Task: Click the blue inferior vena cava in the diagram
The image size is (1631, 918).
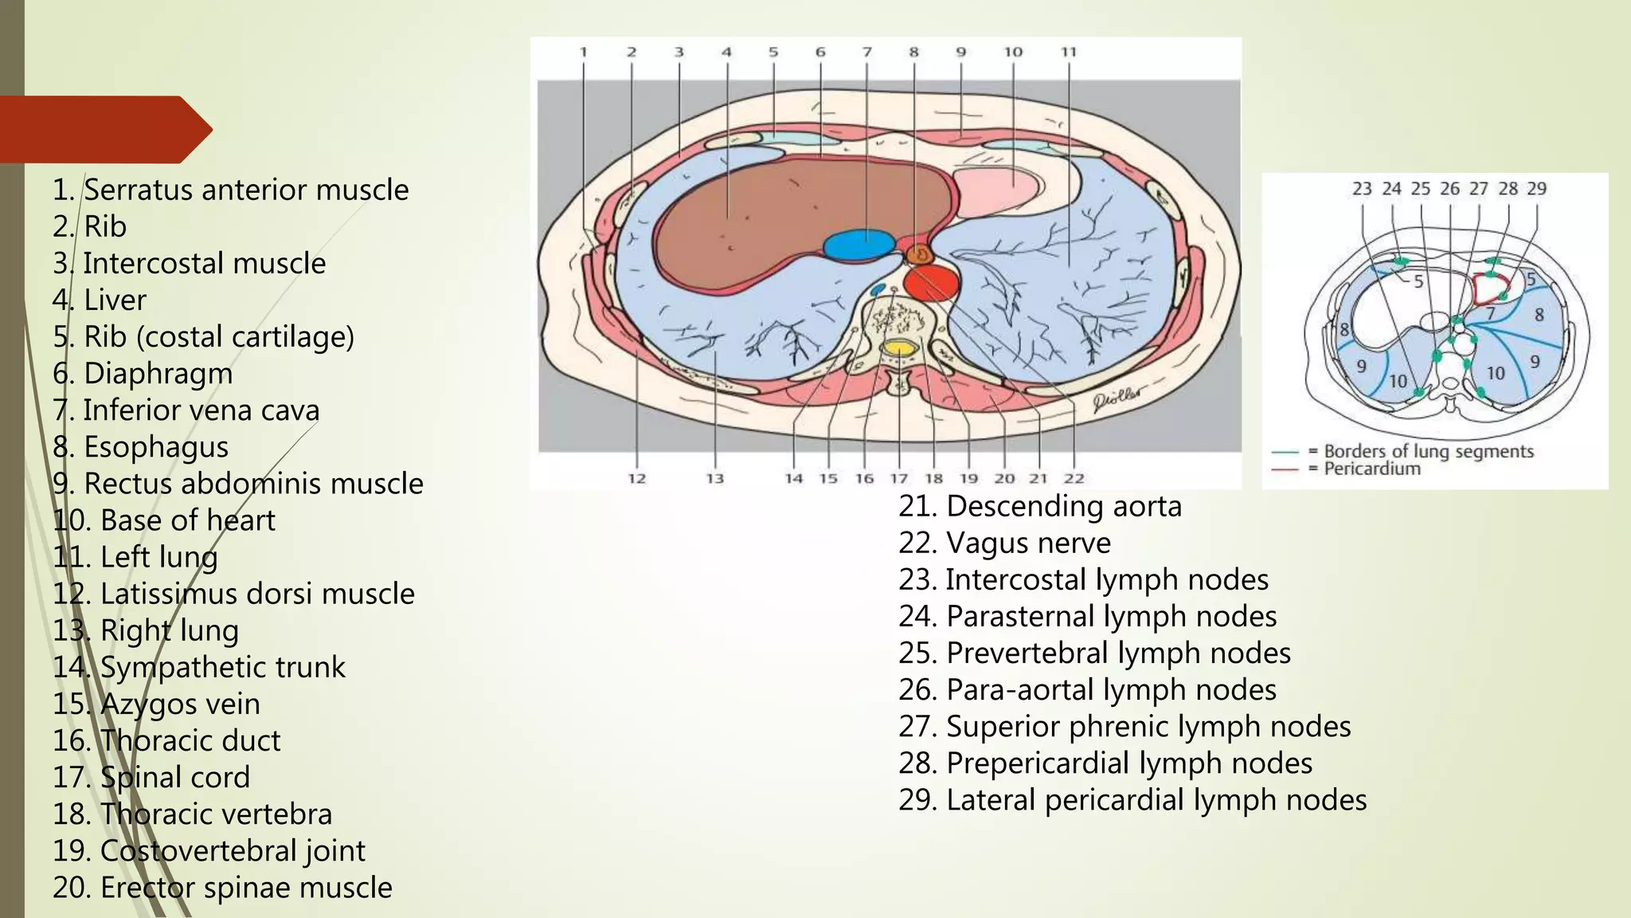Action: click(859, 245)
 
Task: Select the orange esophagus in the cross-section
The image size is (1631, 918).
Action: click(920, 254)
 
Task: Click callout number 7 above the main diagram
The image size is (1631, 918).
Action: click(867, 53)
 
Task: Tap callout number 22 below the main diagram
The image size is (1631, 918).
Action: click(1074, 479)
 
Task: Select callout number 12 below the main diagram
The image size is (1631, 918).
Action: click(636, 479)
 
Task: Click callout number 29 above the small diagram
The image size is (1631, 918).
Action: click(1536, 189)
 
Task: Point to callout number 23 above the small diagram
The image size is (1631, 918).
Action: click(1362, 189)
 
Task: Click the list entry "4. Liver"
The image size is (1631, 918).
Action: click(100, 300)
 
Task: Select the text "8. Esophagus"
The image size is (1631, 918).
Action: click(140, 447)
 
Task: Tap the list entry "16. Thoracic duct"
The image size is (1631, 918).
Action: click(166, 741)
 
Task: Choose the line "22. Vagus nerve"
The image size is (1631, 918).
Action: click(1004, 543)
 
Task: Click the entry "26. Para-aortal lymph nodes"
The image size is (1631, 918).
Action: click(1087, 690)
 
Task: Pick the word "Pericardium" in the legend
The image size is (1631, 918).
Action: click(1371, 469)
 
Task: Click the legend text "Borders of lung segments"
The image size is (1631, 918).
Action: click(1429, 451)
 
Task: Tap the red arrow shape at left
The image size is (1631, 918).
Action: click(104, 129)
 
